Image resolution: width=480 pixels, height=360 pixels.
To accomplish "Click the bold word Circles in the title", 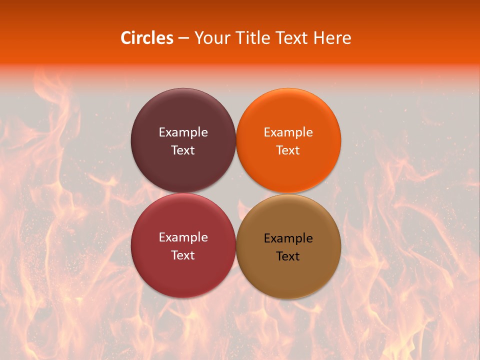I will click(147, 38).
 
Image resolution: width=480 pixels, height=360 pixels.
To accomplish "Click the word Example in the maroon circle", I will click(183, 132).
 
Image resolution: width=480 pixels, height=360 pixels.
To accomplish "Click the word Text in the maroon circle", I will click(183, 150).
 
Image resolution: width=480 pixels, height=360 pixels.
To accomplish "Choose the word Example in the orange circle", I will click(288, 132).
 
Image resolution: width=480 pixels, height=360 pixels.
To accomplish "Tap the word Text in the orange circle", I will click(288, 150).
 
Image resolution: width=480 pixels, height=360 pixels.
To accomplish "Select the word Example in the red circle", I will click(183, 237).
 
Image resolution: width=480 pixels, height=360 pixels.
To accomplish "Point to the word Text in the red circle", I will click(183, 255).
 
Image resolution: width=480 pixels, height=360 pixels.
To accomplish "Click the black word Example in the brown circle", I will click(288, 238).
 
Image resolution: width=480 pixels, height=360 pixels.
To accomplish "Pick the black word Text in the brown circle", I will click(288, 256).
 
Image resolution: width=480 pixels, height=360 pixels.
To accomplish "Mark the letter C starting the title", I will click(126, 38).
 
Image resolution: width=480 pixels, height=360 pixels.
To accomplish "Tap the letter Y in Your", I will click(198, 38).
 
